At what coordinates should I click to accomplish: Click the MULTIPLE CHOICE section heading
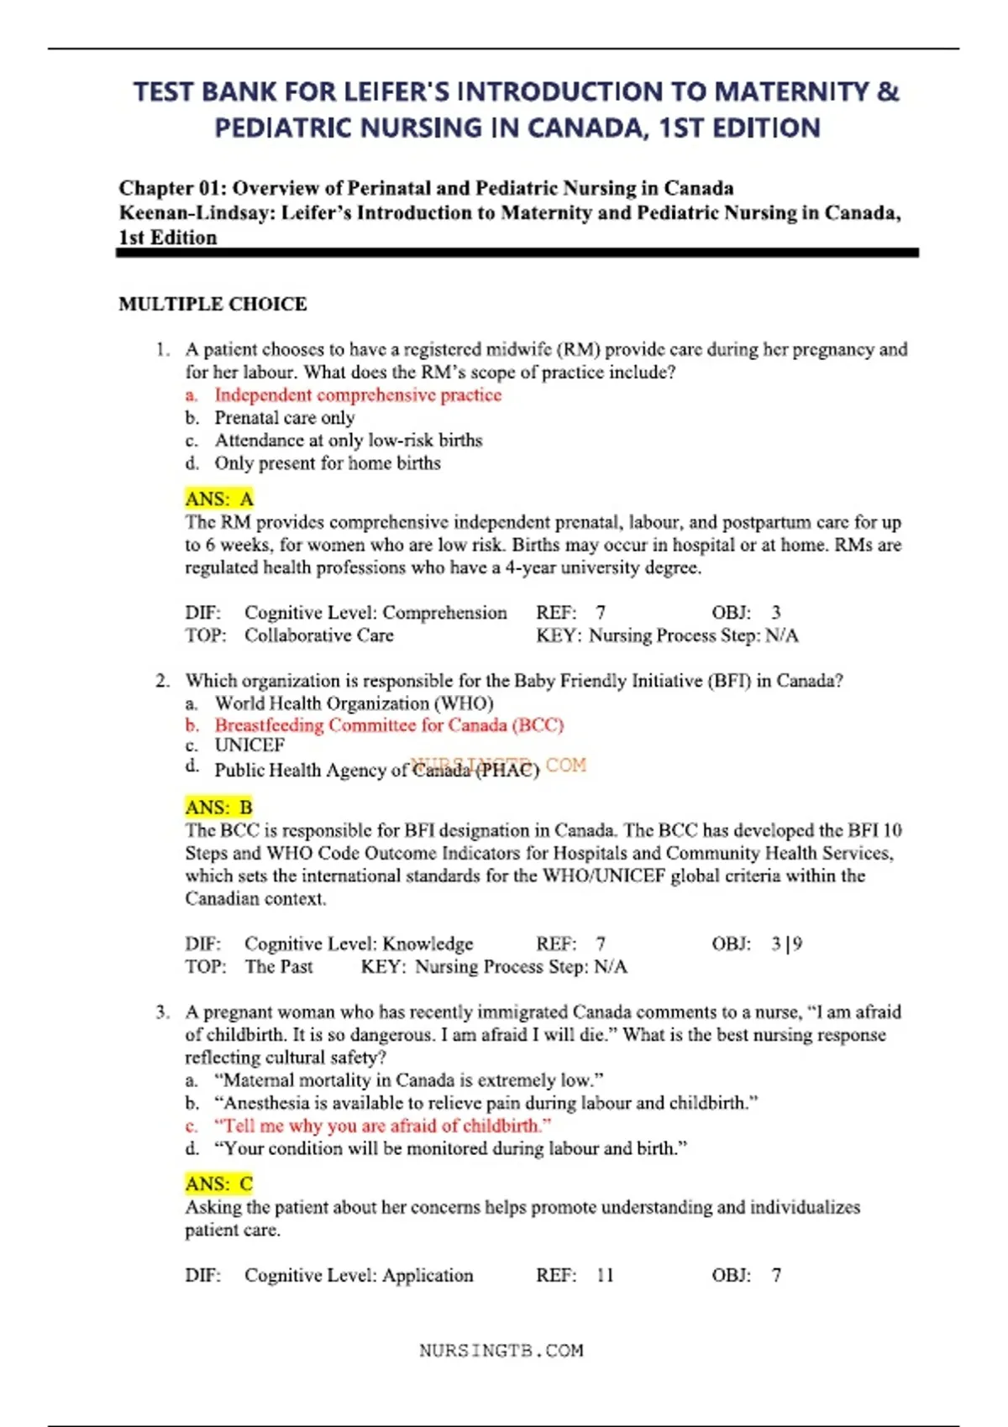[x=213, y=304]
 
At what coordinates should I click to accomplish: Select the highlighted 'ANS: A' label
[x=218, y=499]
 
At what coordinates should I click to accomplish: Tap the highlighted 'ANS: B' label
[x=218, y=808]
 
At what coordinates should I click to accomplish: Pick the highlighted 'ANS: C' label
[x=218, y=1184]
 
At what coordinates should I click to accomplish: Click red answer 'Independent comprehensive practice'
[x=358, y=395]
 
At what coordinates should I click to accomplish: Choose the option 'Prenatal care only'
[x=285, y=418]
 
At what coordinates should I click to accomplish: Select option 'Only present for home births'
[x=328, y=463]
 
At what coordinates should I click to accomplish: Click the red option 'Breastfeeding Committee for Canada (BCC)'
[x=389, y=725]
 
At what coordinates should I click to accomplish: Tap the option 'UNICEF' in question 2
[x=249, y=745]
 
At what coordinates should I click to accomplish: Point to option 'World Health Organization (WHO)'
[x=354, y=703]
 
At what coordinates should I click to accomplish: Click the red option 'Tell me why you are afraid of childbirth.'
[x=383, y=1126]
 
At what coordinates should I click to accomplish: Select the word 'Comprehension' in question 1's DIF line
[x=444, y=613]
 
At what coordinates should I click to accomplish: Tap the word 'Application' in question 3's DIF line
[x=428, y=1276]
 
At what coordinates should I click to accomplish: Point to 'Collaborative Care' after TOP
[x=319, y=635]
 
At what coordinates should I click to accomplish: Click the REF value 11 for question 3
[x=605, y=1276]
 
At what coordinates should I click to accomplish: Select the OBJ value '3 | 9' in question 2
[x=787, y=944]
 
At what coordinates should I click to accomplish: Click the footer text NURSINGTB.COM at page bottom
[x=501, y=1351]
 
